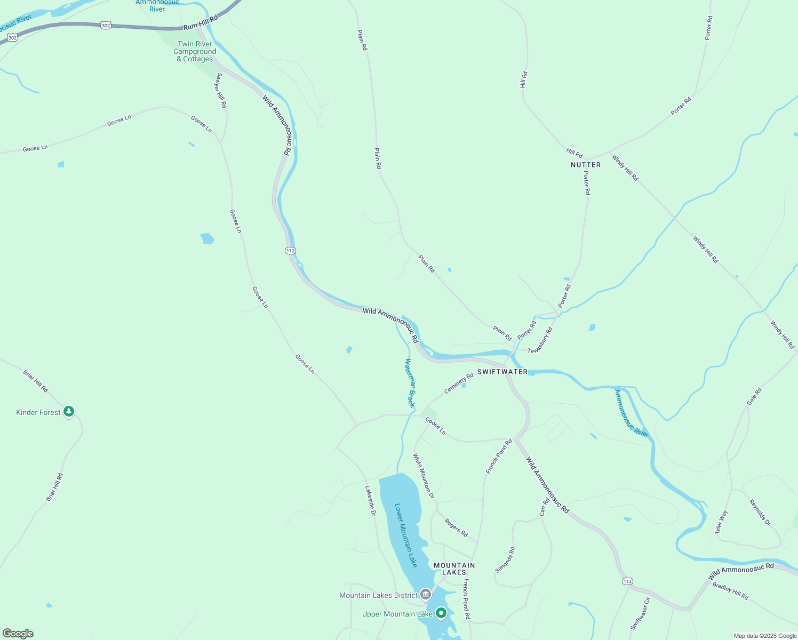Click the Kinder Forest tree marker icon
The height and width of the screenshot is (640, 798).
68,412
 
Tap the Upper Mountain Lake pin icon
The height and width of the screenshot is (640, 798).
441,613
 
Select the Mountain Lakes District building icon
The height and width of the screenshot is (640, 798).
425,594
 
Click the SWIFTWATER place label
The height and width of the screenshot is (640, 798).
502,372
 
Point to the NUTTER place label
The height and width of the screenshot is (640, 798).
586,165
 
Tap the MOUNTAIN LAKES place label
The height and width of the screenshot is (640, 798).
454,569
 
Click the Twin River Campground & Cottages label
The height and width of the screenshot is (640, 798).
195,52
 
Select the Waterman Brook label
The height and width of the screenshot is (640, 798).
409,383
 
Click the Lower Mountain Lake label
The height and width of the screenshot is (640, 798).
405,535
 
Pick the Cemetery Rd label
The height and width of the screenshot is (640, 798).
459,383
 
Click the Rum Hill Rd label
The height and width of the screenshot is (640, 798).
201,23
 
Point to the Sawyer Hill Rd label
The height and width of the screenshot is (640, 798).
220,91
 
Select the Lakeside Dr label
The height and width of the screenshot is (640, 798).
370,501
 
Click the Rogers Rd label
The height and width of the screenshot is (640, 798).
456,528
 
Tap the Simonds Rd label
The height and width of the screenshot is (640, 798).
505,559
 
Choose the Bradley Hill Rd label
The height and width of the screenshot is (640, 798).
730,591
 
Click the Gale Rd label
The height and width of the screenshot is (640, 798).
754,396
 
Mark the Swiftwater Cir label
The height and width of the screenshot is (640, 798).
640,613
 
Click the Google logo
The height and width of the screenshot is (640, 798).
18,634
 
